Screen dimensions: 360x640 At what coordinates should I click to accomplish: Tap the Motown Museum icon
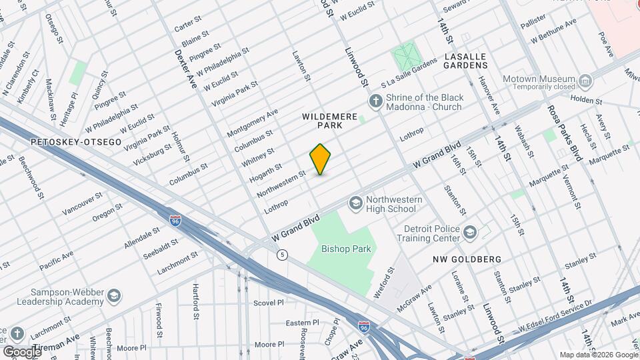[x=585, y=82]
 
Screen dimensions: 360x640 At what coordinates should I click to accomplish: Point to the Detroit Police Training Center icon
[x=471, y=232]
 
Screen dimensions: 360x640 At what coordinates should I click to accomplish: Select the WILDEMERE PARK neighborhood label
[x=331, y=120]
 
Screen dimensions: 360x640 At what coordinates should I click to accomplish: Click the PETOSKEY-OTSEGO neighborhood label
[x=65, y=142]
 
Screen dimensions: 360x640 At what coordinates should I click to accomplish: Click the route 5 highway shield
[x=283, y=254]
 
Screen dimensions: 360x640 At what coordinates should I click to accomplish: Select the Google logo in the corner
[x=21, y=351]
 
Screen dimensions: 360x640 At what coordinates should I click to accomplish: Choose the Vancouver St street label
[x=82, y=203]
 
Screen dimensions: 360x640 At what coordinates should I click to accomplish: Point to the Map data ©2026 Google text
[x=598, y=355]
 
